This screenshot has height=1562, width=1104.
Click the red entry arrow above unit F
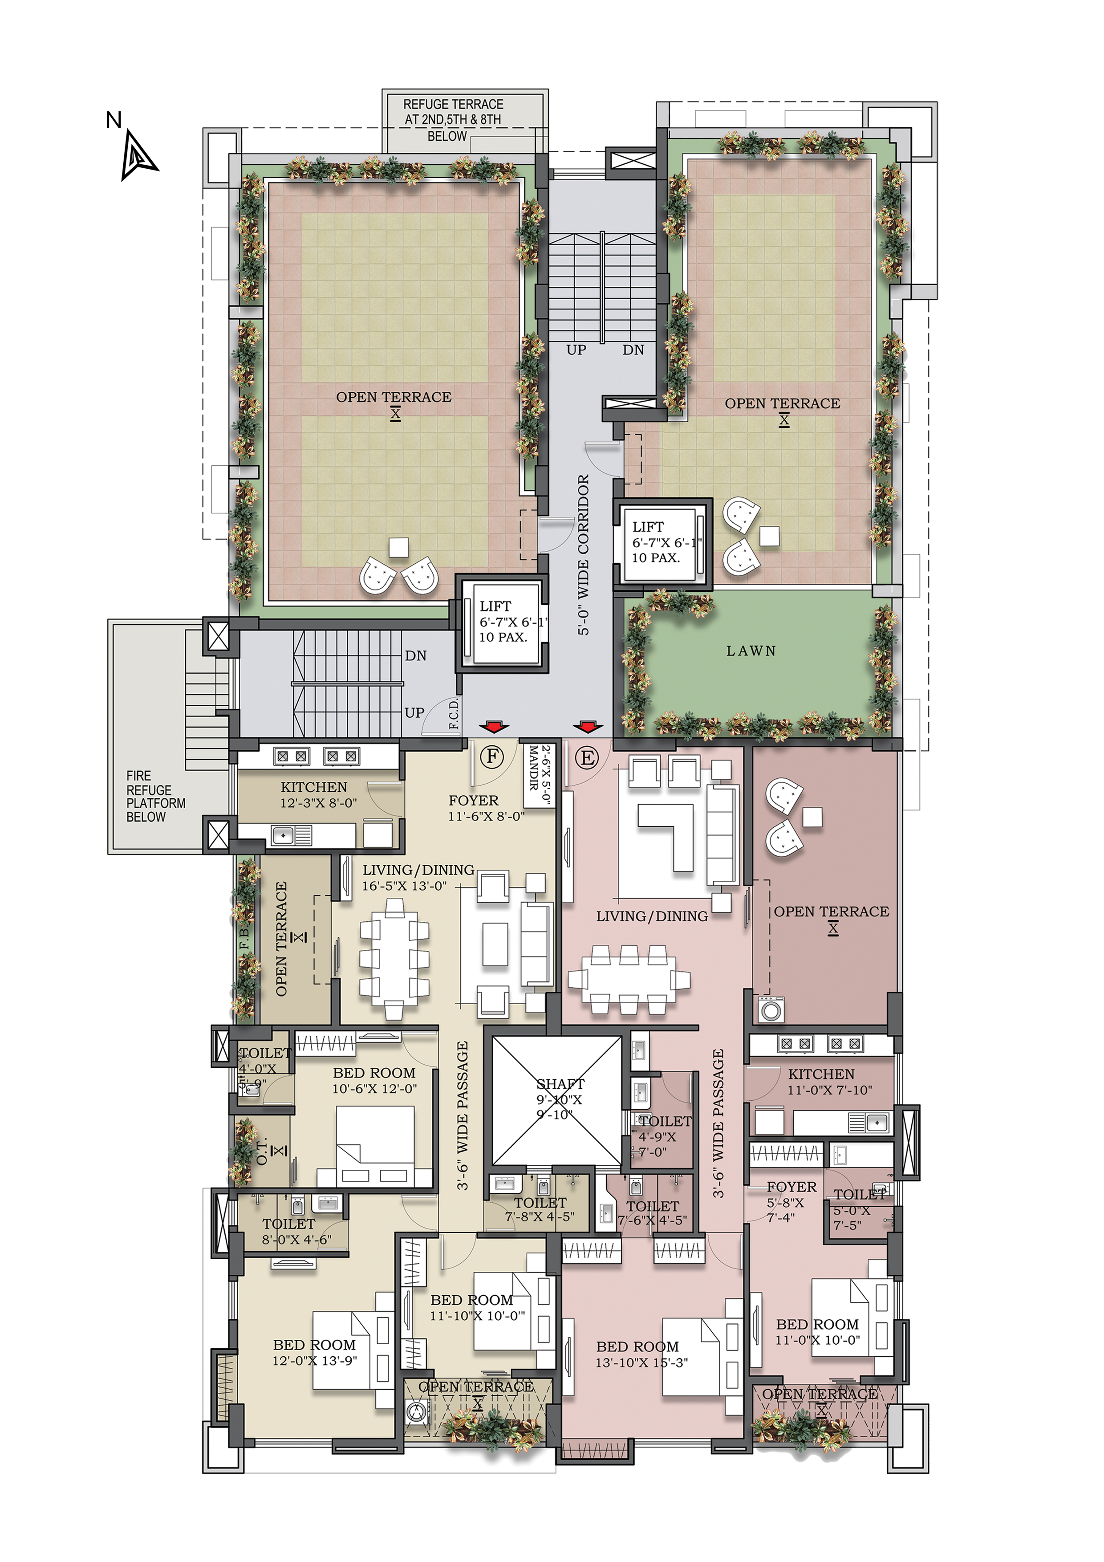pyautogui.click(x=494, y=727)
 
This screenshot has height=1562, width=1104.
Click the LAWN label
pyautogui.click(x=751, y=651)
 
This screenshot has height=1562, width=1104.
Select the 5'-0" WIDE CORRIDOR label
pyautogui.click(x=584, y=554)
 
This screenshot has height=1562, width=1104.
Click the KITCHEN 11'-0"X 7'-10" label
pyautogui.click(x=828, y=1082)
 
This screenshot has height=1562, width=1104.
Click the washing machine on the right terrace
pyautogui.click(x=771, y=1009)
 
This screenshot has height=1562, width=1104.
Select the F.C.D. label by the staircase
pyautogui.click(x=455, y=714)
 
